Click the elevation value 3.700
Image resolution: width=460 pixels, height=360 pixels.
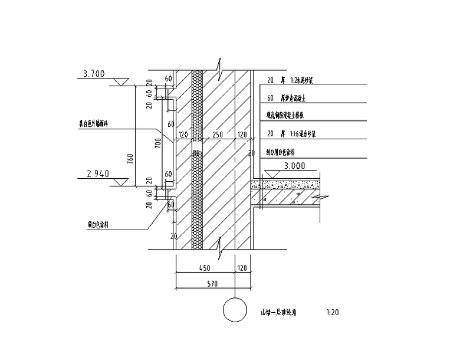coord(94,74)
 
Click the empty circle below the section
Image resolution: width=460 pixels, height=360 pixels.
coord(235,310)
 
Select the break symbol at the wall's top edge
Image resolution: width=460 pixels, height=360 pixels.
coord(219,63)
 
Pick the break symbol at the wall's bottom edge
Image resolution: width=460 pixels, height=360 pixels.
coord(219,243)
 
